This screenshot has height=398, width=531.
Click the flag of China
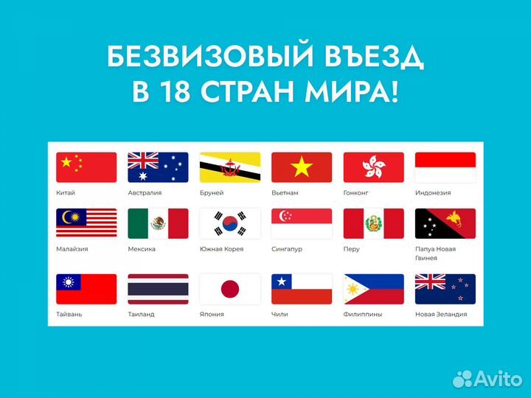point(86,167)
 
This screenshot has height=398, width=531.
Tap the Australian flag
point(158,167)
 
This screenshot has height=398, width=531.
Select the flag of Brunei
point(229,167)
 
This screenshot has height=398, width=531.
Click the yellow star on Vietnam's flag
point(301,167)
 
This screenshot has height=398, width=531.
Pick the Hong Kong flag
point(373,167)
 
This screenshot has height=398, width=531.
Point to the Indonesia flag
point(445,167)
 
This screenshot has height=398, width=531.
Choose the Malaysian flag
point(86,223)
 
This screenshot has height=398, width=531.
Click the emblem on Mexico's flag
point(158,223)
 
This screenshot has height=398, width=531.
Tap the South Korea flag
point(229,223)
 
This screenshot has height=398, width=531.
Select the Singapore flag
point(301,223)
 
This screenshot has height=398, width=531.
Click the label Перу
point(352,249)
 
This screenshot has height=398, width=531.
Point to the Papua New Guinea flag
point(445,223)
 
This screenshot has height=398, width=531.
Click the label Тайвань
point(69,314)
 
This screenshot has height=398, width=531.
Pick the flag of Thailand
point(158,289)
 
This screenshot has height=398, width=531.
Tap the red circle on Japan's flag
point(229,289)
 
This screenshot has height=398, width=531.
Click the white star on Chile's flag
point(280,282)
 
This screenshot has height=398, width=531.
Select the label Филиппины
point(363,314)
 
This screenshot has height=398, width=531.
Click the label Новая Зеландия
point(440,314)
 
